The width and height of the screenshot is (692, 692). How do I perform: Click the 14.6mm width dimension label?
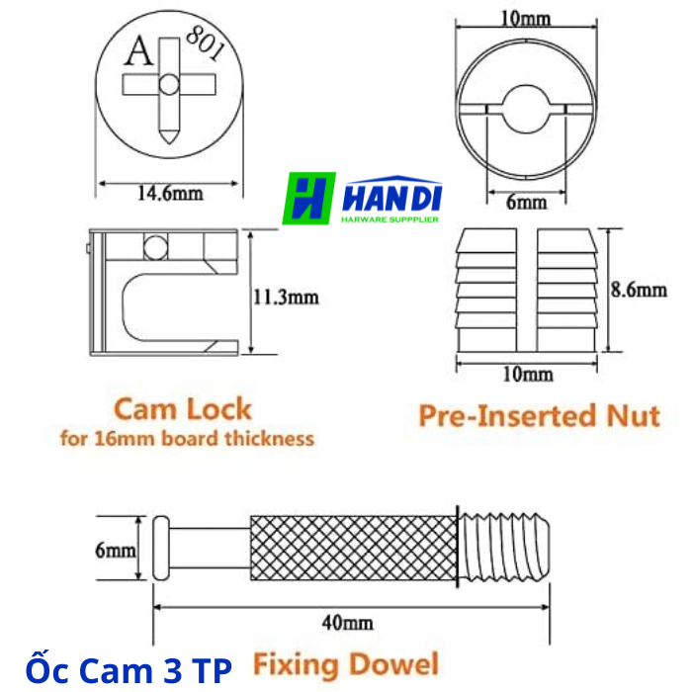point(169,194)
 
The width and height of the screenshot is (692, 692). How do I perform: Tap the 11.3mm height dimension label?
point(287,296)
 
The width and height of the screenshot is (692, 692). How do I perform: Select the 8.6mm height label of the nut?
point(638,290)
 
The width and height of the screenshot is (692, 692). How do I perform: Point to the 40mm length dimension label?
point(347,623)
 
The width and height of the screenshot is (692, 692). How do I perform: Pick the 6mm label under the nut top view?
point(526,202)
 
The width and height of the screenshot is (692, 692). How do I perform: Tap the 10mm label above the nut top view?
point(527,18)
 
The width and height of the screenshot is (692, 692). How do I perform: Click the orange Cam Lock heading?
point(183,409)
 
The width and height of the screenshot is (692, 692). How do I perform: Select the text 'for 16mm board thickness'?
point(187,438)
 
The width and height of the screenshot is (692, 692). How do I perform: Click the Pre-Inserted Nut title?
point(539,415)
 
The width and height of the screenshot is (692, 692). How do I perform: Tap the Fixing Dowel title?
point(345,663)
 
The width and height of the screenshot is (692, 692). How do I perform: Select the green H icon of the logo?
point(308,200)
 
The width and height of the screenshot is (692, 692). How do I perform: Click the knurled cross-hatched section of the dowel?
point(351,548)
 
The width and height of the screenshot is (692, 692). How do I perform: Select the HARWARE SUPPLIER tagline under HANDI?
point(390,218)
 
